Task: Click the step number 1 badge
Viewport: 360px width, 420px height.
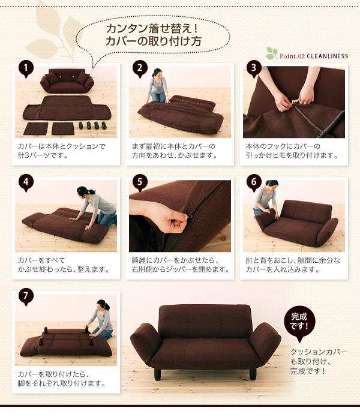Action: pos(26,68)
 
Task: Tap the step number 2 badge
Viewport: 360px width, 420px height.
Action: pos(140,68)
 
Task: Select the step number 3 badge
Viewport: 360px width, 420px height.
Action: pos(254,68)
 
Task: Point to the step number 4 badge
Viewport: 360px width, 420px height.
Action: pos(26,182)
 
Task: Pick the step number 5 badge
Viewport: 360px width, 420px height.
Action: pos(140,182)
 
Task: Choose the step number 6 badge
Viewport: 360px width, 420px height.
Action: pos(254,182)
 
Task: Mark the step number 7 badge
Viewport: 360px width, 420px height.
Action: pos(26,296)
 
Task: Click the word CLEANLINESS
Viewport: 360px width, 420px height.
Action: pos(328,56)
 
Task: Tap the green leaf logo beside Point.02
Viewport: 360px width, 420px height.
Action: pos(272,53)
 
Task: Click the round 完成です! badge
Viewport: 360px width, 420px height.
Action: pos(299,322)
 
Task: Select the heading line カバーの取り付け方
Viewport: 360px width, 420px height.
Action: pos(154,41)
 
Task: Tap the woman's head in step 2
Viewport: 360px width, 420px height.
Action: pos(157,73)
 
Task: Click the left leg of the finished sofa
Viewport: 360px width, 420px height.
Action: pos(158,374)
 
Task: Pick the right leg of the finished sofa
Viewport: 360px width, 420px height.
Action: pos(253,374)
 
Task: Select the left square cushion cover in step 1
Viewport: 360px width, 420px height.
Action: pos(36,128)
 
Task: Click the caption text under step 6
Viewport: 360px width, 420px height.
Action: pos(293,265)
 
